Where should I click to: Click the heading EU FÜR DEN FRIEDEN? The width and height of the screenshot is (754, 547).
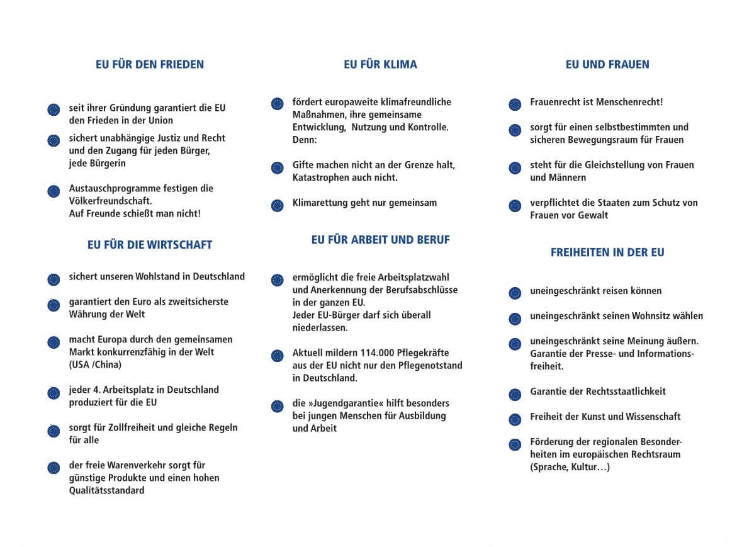coord(150,64)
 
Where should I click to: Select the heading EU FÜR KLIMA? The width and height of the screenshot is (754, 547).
coord(380,64)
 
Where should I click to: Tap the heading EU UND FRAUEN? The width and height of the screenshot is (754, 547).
coord(607,64)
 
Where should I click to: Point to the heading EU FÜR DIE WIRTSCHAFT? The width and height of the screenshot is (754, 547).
coord(150,245)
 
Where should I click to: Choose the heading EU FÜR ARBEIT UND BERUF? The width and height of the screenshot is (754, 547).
coord(380,240)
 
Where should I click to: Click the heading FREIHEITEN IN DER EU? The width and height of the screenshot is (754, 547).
coord(607,252)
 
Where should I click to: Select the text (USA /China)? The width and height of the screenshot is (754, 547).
coord(95,364)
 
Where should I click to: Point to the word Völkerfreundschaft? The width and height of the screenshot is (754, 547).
coord(110,201)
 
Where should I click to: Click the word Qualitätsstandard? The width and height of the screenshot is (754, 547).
coord(106,490)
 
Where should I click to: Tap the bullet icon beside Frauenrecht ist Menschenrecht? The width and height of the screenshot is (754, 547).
coord(515,104)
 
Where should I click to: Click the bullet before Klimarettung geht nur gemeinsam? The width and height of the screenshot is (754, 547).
coord(277,205)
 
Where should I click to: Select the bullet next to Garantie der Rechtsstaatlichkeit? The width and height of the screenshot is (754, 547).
coord(515,394)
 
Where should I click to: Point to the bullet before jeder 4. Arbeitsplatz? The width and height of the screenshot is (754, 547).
coord(53,393)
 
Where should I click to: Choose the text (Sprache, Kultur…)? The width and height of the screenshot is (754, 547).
coord(570,467)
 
